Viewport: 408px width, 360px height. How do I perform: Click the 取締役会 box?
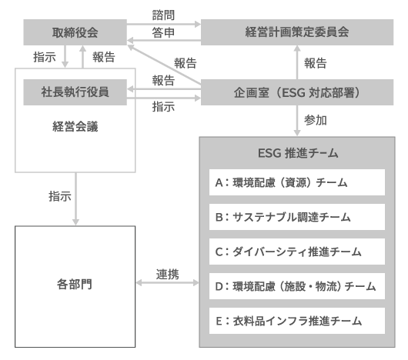[x=75, y=32]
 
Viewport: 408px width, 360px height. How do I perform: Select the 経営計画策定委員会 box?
[x=297, y=32]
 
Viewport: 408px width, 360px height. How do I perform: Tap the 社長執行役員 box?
[x=75, y=92]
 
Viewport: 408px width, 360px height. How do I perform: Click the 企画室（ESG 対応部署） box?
[x=297, y=92]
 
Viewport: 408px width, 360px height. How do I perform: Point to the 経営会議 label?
[x=75, y=127]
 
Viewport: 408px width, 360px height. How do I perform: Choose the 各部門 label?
[x=75, y=284]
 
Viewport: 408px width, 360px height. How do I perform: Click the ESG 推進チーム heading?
[x=298, y=153]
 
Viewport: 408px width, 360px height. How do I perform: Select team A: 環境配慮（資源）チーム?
[x=297, y=182]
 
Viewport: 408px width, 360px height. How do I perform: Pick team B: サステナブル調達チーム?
[x=297, y=217]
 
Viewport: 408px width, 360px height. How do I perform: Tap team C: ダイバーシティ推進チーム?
[x=297, y=252]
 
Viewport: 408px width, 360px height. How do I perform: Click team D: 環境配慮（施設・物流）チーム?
[x=297, y=286]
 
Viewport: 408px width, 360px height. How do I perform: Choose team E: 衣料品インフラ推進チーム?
[x=297, y=321]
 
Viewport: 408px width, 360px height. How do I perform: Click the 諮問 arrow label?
[x=163, y=15]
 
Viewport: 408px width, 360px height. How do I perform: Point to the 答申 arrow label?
[x=163, y=33]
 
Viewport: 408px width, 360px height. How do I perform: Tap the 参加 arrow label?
[x=316, y=120]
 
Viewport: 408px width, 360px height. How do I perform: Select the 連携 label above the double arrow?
[x=167, y=274]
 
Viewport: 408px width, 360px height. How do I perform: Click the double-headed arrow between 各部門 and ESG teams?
[x=167, y=283]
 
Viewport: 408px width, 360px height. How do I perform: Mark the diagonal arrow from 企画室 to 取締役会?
[x=164, y=65]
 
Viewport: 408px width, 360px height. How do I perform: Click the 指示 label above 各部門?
[x=60, y=196]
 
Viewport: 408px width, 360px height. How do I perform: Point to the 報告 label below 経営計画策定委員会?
[x=316, y=63]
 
